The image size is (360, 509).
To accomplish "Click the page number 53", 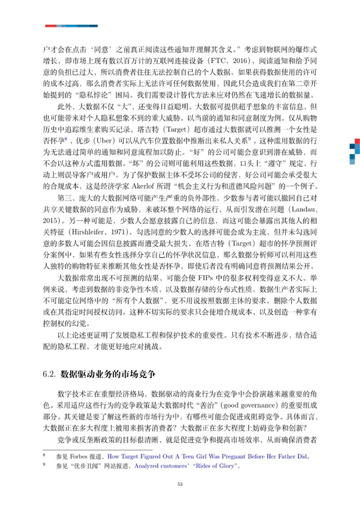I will (180, 485).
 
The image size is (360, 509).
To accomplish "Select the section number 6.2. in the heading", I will (49, 373).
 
